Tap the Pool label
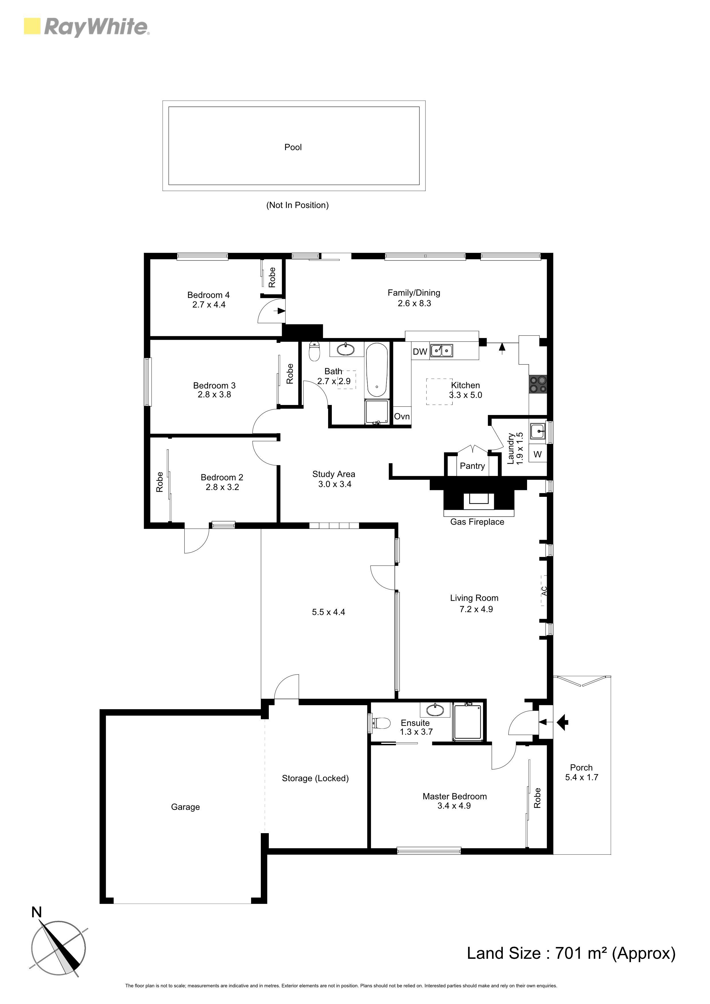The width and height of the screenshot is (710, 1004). [x=293, y=147]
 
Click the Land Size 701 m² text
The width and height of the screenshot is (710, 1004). [x=571, y=953]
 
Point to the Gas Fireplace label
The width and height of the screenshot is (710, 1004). [x=477, y=522]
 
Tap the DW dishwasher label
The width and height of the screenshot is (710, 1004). [x=420, y=351]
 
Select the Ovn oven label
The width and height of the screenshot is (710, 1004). [x=402, y=416]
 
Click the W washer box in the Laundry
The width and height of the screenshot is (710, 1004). [x=538, y=454]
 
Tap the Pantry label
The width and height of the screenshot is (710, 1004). [x=472, y=466]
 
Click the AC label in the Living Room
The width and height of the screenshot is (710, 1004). [x=545, y=591]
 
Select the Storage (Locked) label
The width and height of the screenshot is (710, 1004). [x=315, y=778]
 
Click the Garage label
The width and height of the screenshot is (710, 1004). [x=186, y=807]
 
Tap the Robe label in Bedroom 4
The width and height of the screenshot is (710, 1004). [x=272, y=277]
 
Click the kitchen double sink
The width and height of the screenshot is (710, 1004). [x=441, y=351]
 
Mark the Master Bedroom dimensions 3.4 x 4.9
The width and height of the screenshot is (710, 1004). [x=454, y=806]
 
